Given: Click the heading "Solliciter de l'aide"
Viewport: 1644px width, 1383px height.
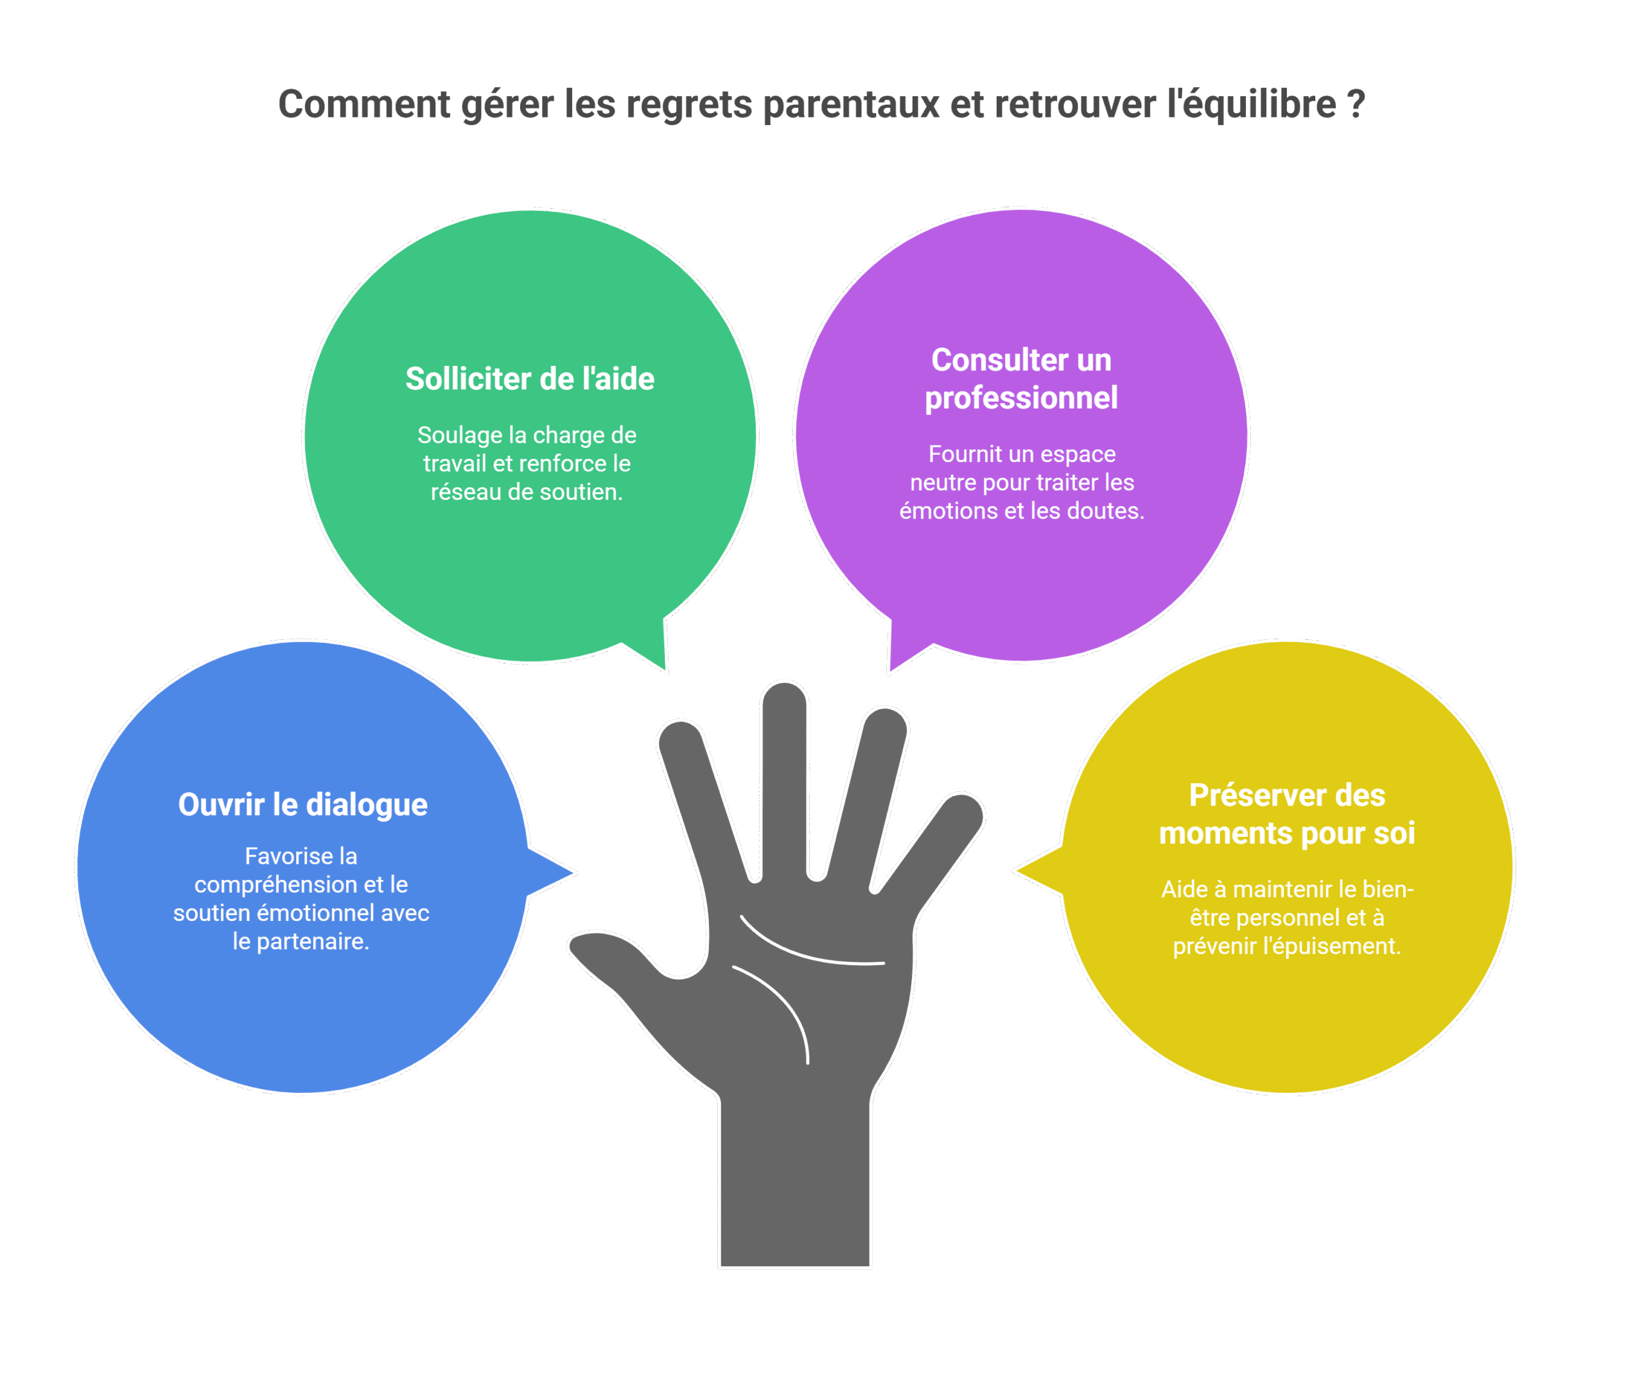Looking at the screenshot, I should click(x=529, y=379).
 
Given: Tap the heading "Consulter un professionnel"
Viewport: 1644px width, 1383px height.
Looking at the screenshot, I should click(x=1020, y=379).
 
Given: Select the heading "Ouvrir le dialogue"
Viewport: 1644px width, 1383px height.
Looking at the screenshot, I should click(x=302, y=804).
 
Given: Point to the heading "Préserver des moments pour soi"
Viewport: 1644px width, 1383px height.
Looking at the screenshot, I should click(x=1286, y=814).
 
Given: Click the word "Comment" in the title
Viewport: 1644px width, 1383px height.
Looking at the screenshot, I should click(x=364, y=104).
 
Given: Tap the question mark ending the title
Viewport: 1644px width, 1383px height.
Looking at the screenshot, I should click(x=1356, y=104).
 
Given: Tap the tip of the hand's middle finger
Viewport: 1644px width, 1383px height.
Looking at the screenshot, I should click(x=783, y=698).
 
